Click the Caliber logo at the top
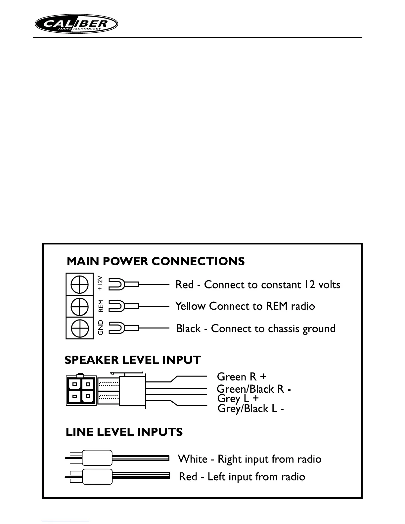(76, 24)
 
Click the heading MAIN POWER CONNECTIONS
(156, 261)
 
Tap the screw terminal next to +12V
(79, 284)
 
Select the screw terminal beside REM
(79, 306)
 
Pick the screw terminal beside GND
(79, 328)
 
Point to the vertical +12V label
(101, 283)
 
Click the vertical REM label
(101, 306)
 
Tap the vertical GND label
(101, 327)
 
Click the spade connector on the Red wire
(116, 284)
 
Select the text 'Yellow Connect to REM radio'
(245, 306)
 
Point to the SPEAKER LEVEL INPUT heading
(132, 360)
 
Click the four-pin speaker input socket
(81, 390)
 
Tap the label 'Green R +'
(242, 377)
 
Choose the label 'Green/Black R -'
(254, 389)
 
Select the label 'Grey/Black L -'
(250, 409)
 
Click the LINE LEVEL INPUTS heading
(124, 432)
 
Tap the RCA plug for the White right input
(97, 458)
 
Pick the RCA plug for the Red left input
(97, 476)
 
